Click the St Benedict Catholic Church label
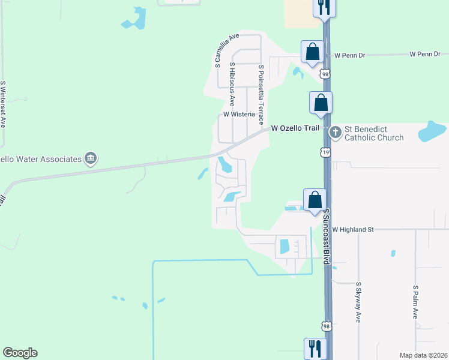coord(373,133)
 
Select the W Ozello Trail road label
coord(297,128)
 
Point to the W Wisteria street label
coord(240,114)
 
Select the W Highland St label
coord(353,229)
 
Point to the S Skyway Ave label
coord(358,302)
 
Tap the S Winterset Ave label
coord(3,105)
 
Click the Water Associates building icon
coord(90,158)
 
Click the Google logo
coord(20,353)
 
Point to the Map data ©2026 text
coord(423,355)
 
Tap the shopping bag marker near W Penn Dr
coord(313,52)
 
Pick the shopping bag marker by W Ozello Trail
coord(321,103)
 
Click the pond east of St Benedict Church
coord(432,131)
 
